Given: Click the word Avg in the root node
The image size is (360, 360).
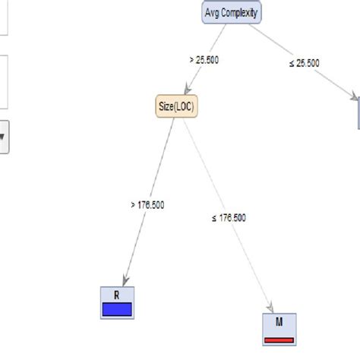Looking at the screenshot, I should click(x=214, y=13).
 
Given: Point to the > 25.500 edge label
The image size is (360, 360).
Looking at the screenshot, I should click(x=204, y=59).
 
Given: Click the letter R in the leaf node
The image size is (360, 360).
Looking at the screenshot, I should click(x=116, y=294).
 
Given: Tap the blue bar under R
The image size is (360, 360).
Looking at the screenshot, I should click(x=116, y=308).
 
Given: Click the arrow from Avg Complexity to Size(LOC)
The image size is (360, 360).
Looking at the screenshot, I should click(x=199, y=65).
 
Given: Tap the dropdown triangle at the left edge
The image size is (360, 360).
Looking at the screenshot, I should click(x=2, y=137).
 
